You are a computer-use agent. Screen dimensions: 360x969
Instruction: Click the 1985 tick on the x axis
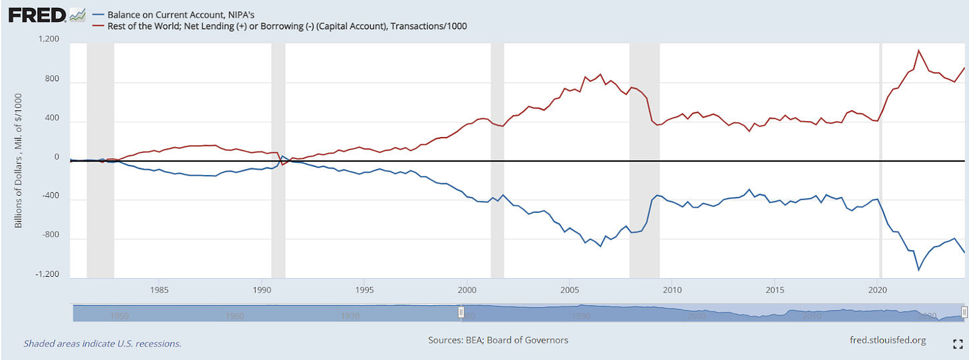pyautogui.click(x=158, y=289)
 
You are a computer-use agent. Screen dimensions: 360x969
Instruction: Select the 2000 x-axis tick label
pyautogui.click(x=467, y=289)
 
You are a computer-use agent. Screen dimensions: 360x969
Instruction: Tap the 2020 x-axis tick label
pyautogui.click(x=878, y=289)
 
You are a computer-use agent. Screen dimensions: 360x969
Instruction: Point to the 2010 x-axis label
pyautogui.click(x=672, y=289)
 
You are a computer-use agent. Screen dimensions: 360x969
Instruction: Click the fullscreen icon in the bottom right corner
pyautogui.click(x=958, y=343)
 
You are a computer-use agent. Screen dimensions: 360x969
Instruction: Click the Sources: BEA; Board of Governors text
pyautogui.click(x=498, y=340)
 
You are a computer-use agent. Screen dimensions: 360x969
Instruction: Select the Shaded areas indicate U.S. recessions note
pyautogui.click(x=102, y=343)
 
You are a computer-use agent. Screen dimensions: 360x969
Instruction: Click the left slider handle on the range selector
pyautogui.click(x=461, y=312)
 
